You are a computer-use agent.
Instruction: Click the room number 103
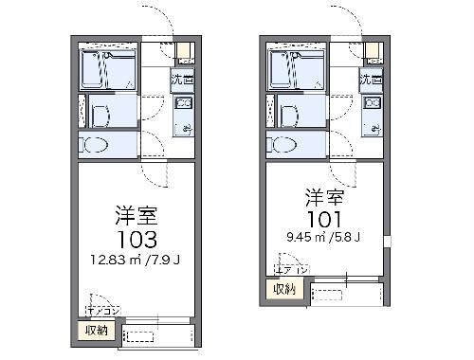tap(133, 237)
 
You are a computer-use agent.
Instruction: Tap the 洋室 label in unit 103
tap(133, 211)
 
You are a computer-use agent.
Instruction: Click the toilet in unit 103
tap(96, 146)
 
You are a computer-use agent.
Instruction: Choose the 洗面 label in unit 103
tap(182, 81)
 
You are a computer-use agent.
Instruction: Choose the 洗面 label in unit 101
tap(372, 81)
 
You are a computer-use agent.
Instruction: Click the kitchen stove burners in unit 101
tap(373, 102)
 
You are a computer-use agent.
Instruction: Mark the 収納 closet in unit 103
tap(98, 330)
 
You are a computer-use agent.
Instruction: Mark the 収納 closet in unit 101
tap(285, 289)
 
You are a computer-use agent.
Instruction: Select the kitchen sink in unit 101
tap(373, 126)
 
